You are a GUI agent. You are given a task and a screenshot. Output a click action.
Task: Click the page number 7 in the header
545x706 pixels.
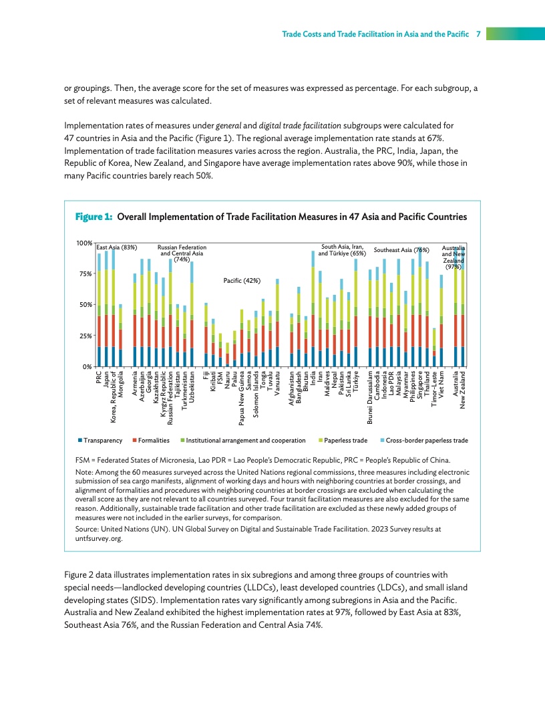coord(479,33)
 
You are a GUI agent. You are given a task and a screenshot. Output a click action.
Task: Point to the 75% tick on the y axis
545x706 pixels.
coord(83,273)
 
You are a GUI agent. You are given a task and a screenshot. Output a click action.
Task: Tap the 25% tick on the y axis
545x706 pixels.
coord(83,336)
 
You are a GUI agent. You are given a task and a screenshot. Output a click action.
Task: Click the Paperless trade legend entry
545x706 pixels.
coord(345,441)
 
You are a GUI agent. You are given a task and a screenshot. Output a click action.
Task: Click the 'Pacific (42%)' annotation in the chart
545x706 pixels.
coord(241,280)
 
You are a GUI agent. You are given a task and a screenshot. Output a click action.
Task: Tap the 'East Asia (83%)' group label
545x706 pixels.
coord(117,248)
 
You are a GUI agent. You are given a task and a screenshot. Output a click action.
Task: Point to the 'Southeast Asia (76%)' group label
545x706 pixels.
coord(401,249)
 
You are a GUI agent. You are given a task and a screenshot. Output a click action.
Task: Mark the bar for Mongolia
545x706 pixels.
coord(120,336)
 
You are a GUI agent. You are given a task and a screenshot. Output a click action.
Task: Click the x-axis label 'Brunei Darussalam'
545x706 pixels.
coord(370,396)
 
